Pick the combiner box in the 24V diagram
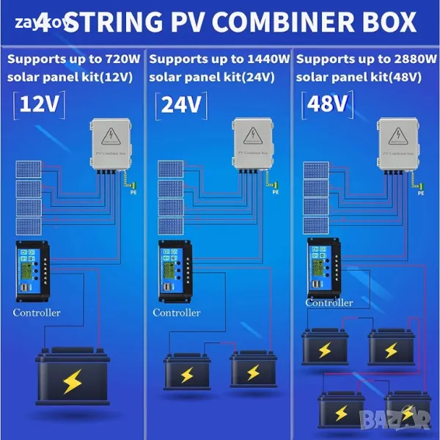(x=257, y=145)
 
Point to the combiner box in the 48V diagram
(x=401, y=145)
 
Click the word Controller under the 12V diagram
(x=37, y=313)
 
